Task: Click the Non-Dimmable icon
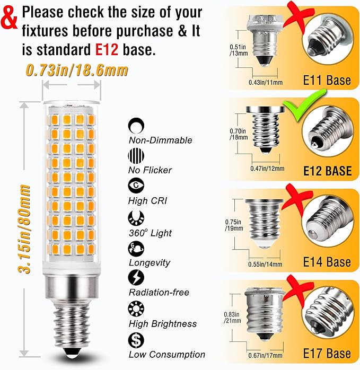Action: [136, 125]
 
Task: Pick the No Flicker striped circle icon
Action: [136, 156]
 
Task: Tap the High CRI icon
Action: [136, 186]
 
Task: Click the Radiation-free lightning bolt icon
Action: [136, 277]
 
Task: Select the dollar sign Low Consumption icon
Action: [136, 339]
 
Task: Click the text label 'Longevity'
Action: [149, 262]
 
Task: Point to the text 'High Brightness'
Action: [162, 323]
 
